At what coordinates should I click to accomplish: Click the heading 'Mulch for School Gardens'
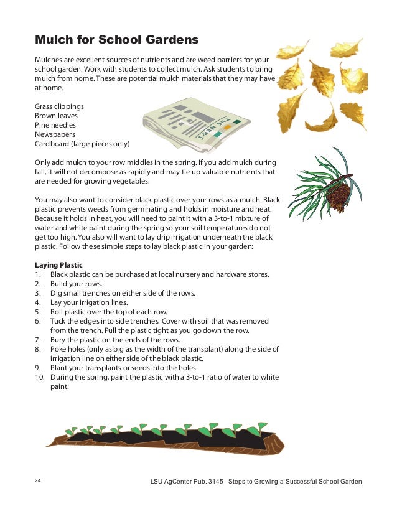coord(116,40)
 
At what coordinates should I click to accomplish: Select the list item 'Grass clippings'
coord(59,106)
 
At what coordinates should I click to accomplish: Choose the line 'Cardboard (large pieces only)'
coord(82,143)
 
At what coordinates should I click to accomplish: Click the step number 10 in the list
coord(39,377)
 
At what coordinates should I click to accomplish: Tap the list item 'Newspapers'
coord(55,134)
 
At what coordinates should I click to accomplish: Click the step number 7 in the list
coord(37,340)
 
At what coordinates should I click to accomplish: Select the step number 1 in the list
coord(37,274)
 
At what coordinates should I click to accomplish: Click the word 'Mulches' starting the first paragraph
coord(49,58)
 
